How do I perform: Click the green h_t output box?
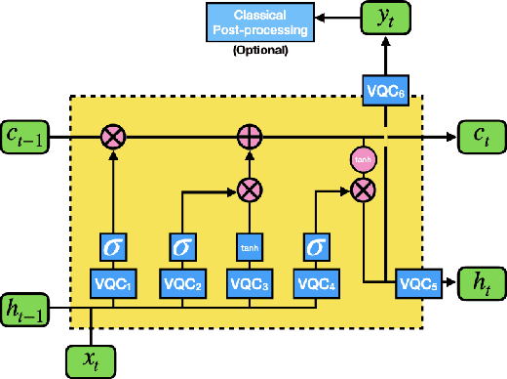click(481, 282)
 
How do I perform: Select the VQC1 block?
click(116, 283)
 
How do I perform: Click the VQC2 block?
click(182, 283)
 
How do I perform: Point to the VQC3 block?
click(250, 283)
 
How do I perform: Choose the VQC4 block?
click(317, 283)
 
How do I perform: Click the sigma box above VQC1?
click(116, 246)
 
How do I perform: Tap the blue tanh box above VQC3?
click(250, 247)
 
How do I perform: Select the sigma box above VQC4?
click(317, 246)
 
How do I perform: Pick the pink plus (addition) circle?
click(250, 133)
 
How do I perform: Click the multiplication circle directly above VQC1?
click(116, 133)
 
